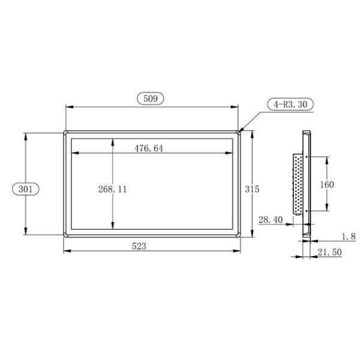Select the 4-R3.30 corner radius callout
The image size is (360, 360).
click(290, 104)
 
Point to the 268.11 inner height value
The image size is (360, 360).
click(112, 188)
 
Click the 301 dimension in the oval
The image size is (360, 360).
click(25, 188)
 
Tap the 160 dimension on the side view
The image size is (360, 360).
click(327, 184)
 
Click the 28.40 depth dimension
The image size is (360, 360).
click(270, 220)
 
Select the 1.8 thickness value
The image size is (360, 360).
click(348, 236)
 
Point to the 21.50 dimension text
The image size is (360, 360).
click(329, 253)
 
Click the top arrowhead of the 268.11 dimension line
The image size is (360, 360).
click(112, 140)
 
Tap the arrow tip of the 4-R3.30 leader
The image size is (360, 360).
click(241, 131)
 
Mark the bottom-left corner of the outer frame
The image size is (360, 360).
click(64, 236)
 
